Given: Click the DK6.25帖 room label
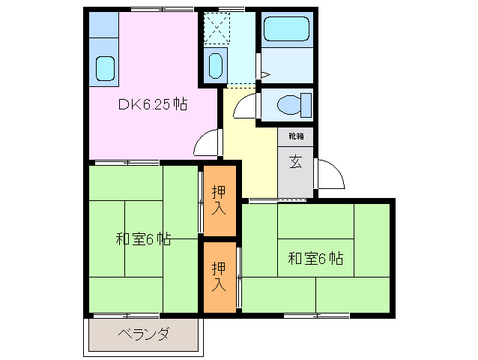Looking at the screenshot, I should pyautogui.click(x=152, y=105).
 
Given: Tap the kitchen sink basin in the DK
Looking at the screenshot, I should pyautogui.click(x=104, y=68).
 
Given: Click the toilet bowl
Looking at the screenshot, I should pyautogui.click(x=288, y=104).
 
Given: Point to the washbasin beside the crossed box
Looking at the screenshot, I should pyautogui.click(x=216, y=66).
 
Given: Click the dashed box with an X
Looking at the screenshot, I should pyautogui.click(x=220, y=30).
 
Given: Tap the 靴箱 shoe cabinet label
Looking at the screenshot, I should pyautogui.click(x=295, y=136).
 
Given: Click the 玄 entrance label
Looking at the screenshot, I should pyautogui.click(x=295, y=161).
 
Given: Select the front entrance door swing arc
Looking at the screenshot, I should pyautogui.click(x=330, y=174).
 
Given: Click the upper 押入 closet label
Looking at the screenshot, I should pyautogui.click(x=218, y=199).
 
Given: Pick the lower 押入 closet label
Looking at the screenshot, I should pyautogui.click(x=218, y=276).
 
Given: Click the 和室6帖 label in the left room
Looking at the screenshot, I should pyautogui.click(x=142, y=240).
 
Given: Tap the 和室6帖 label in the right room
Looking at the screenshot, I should pyautogui.click(x=315, y=259).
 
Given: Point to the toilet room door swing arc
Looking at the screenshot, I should pyautogui.click(x=245, y=107).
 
